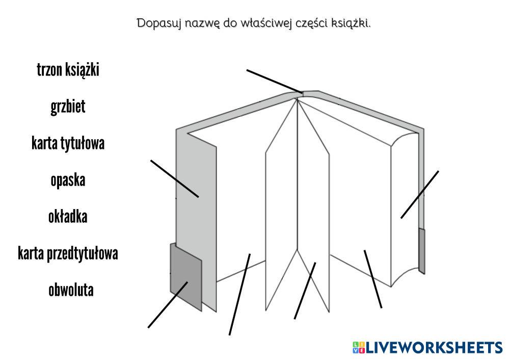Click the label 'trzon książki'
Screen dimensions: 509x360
(68, 70)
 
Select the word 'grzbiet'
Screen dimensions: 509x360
(68, 107)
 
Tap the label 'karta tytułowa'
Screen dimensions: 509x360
(68, 143)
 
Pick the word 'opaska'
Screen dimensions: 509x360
(68, 180)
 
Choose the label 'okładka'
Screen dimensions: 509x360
(68, 217)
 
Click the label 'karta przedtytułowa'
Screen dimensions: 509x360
(68, 253)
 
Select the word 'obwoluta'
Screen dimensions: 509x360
(71, 290)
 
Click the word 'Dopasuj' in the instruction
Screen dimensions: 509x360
(155, 23)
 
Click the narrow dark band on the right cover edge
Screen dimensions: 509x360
(421, 250)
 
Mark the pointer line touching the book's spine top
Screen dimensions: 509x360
(273, 81)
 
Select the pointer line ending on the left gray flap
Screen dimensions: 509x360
(174, 178)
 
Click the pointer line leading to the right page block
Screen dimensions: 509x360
(419, 194)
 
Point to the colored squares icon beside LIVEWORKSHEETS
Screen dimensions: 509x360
(359, 348)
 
